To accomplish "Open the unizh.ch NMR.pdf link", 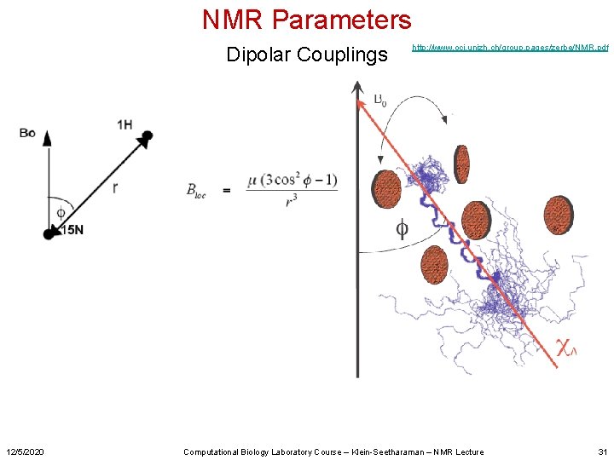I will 509,48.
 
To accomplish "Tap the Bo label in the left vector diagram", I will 27,132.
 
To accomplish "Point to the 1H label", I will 125,125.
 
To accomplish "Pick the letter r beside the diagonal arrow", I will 114,188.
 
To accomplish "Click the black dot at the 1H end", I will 147,135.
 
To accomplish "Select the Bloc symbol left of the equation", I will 198,190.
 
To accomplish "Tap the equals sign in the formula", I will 226,190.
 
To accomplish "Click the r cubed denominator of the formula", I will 292,203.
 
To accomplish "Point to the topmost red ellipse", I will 461,164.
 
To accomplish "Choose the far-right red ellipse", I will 559,215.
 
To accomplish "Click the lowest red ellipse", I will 434,265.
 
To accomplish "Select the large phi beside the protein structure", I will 401,228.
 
